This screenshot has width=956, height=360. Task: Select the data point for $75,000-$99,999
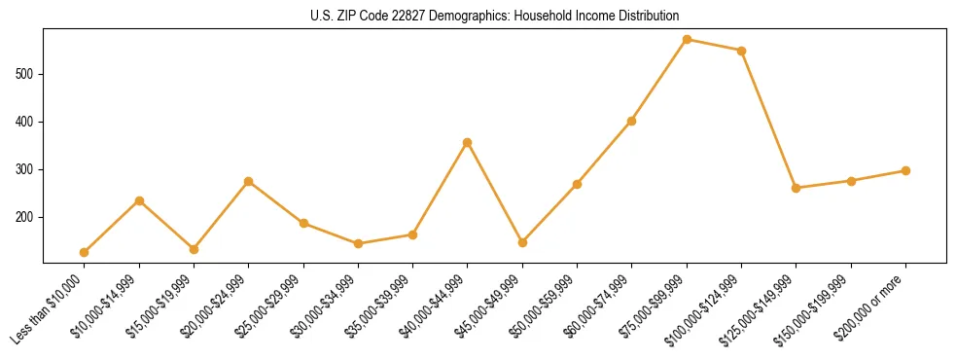pyautogui.click(x=687, y=40)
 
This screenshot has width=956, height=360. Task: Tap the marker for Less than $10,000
pyautogui.click(x=85, y=252)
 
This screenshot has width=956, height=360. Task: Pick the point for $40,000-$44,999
pyautogui.click(x=468, y=142)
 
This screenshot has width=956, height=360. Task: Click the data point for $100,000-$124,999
pyautogui.click(x=741, y=51)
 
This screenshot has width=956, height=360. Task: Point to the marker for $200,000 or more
pyautogui.click(x=905, y=170)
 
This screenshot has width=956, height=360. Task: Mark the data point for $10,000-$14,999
pyautogui.click(x=139, y=200)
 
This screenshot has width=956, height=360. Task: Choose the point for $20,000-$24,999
pyautogui.click(x=249, y=181)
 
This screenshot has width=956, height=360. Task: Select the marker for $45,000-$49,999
pyautogui.click(x=522, y=242)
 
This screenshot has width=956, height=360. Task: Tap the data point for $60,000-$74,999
pyautogui.click(x=632, y=122)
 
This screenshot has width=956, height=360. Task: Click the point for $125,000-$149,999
pyautogui.click(x=797, y=188)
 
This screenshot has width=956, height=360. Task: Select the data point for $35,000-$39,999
pyautogui.click(x=412, y=234)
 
